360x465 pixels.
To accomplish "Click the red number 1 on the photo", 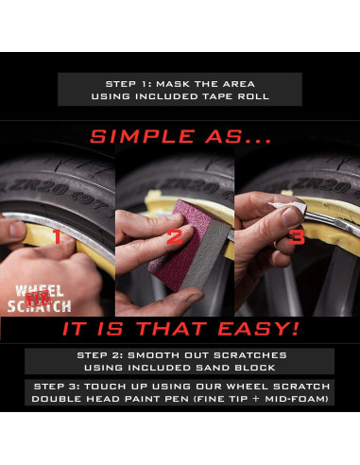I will [x=56, y=235].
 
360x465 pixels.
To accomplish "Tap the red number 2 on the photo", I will [x=174, y=235].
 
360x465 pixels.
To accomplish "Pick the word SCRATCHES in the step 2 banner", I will [x=257, y=354].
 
